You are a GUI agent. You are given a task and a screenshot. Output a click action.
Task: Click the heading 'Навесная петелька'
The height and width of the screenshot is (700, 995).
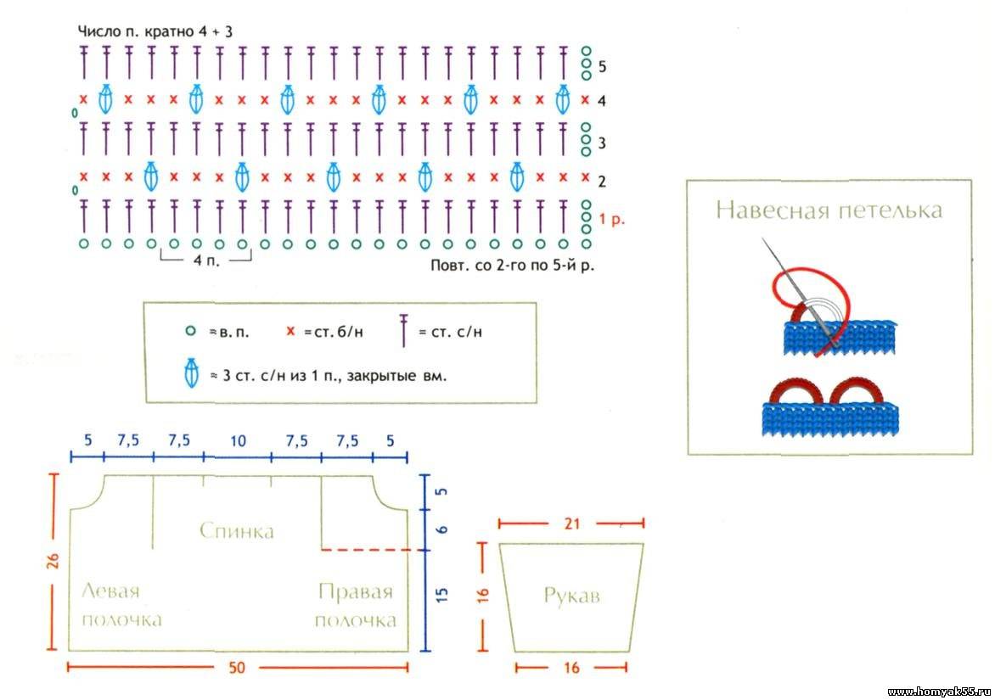pos(829,210)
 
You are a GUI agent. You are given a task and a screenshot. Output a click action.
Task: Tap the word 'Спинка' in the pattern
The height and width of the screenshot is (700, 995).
pos(237,530)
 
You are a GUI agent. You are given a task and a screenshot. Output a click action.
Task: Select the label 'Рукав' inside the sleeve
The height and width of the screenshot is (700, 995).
pos(571,596)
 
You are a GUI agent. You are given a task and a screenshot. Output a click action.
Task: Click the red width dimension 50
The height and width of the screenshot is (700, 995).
pos(237,667)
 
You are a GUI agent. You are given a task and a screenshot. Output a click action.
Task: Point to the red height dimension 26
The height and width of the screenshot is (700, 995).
pos(53,561)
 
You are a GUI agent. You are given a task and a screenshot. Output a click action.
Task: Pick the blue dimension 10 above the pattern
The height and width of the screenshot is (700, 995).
pos(238,440)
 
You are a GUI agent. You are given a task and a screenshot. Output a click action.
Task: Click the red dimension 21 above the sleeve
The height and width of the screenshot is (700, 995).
pos(571,524)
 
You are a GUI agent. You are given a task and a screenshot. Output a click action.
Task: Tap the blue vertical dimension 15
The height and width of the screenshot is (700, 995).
pos(441,595)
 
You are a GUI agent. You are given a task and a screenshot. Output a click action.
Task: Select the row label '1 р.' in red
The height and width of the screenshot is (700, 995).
pos(612,220)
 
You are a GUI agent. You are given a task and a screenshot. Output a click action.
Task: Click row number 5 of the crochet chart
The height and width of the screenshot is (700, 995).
pos(602,66)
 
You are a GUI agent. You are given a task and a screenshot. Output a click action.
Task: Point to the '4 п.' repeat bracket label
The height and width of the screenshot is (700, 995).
pos(207,260)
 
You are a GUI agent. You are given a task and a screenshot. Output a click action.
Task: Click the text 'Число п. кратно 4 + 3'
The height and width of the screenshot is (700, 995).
pos(155,31)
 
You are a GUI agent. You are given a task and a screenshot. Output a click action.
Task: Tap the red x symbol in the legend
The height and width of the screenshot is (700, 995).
pos(290,331)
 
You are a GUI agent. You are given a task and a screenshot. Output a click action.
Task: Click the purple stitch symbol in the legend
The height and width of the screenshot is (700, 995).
pos(403,330)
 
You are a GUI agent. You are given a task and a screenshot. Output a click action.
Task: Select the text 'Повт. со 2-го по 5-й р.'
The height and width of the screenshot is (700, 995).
pos(512,265)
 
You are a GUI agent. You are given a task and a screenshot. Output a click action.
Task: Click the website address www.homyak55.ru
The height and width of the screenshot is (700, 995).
pos(938,692)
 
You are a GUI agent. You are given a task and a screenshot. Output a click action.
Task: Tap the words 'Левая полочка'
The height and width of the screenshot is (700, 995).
pos(122,606)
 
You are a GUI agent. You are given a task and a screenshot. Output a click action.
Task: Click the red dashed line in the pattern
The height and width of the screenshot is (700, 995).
pos(372,550)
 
